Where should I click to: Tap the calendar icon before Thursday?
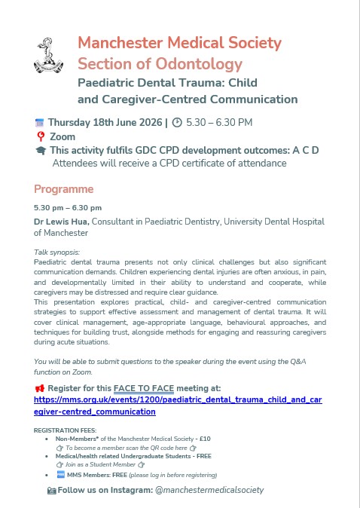pyautogui.click(x=40, y=122)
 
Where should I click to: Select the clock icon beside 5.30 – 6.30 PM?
pyautogui.click(x=177, y=122)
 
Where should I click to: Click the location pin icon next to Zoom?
pyautogui.click(x=40, y=136)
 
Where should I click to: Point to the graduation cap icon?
pyautogui.click(x=40, y=151)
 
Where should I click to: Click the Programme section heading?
pyautogui.click(x=64, y=188)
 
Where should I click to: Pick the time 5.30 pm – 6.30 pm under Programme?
pyautogui.click(x=68, y=207)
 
